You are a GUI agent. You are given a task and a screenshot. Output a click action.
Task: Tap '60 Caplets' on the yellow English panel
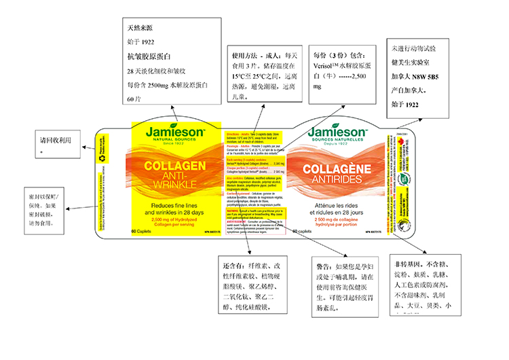(x=140, y=232)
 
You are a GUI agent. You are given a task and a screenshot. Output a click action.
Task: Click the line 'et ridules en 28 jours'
(x=337, y=213)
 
